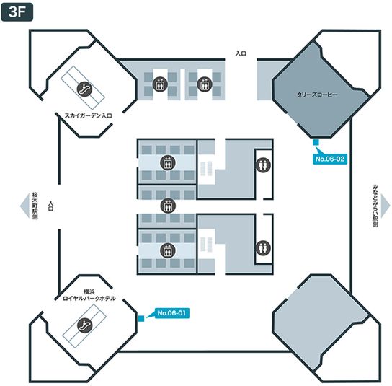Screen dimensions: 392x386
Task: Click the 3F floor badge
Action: point(17,12)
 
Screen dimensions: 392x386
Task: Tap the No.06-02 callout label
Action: point(330,159)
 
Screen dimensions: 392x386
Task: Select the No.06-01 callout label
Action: point(171,313)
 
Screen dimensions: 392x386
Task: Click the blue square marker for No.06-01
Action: point(141,318)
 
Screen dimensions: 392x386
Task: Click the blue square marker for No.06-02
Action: point(316,142)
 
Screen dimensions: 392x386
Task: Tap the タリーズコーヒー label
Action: point(317,95)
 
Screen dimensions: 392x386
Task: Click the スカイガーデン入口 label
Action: point(88,115)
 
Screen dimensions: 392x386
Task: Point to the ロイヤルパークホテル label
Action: point(89,298)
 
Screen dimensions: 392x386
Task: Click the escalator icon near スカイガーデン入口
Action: point(84,89)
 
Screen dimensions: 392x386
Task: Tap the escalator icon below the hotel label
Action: point(84,325)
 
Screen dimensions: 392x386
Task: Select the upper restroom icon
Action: point(263,165)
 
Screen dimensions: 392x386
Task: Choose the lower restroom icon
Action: point(263,247)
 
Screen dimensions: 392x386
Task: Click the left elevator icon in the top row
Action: point(160,84)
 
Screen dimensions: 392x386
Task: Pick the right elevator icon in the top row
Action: point(205,84)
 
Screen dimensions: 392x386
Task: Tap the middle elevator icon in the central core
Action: point(168,206)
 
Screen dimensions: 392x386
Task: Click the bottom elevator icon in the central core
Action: point(168,250)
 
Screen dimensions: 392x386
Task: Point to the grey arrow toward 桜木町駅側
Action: point(24,206)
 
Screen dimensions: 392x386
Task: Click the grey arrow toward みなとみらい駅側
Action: point(386,206)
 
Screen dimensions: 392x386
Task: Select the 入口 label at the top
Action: point(241,53)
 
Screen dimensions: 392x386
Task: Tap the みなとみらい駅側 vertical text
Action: point(375,206)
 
